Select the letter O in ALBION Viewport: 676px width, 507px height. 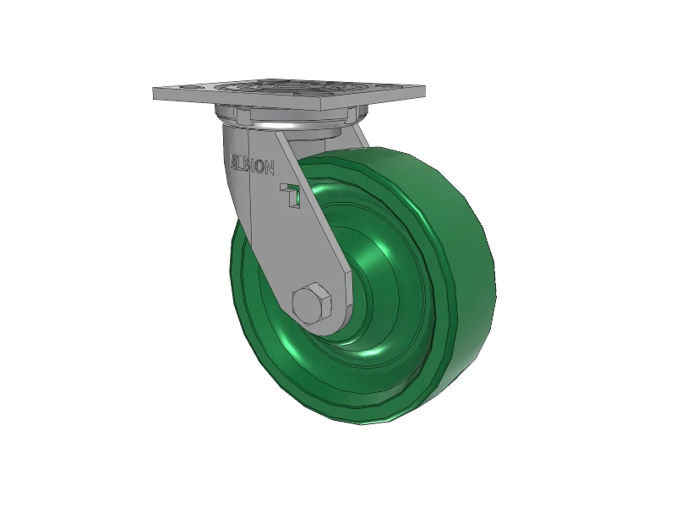click(x=260, y=168)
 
